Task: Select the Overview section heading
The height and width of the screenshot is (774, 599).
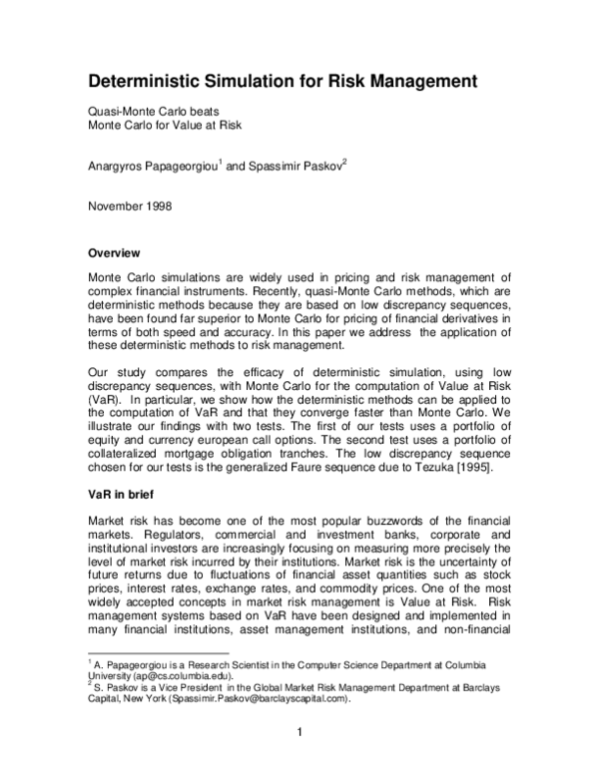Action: (x=114, y=252)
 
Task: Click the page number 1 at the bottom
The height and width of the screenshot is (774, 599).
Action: (x=299, y=738)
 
